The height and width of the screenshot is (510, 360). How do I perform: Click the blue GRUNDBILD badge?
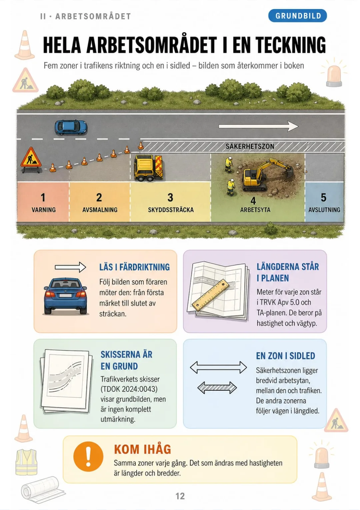click(297, 16)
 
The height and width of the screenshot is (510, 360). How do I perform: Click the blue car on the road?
click(71, 127)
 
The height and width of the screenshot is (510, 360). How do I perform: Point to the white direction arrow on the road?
click(259, 126)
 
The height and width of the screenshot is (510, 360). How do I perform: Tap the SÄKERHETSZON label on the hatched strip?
click(250, 146)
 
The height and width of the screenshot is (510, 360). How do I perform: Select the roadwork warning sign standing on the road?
click(31, 160)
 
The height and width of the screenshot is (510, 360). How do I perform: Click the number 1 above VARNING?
click(43, 197)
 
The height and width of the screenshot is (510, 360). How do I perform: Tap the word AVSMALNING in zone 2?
click(100, 210)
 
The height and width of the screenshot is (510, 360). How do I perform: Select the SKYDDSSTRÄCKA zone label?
click(171, 210)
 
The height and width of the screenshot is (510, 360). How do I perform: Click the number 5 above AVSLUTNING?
click(323, 197)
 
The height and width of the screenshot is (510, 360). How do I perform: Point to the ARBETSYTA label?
click(255, 210)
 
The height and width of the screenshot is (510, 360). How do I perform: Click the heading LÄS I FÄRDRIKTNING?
click(134, 267)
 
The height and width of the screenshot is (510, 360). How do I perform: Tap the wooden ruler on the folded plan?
click(210, 295)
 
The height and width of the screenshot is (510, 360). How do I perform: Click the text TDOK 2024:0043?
click(129, 389)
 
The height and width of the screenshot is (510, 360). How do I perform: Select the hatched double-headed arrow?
click(217, 388)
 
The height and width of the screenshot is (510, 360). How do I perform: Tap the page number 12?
click(180, 496)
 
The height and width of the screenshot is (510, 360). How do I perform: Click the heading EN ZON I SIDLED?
click(286, 356)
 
